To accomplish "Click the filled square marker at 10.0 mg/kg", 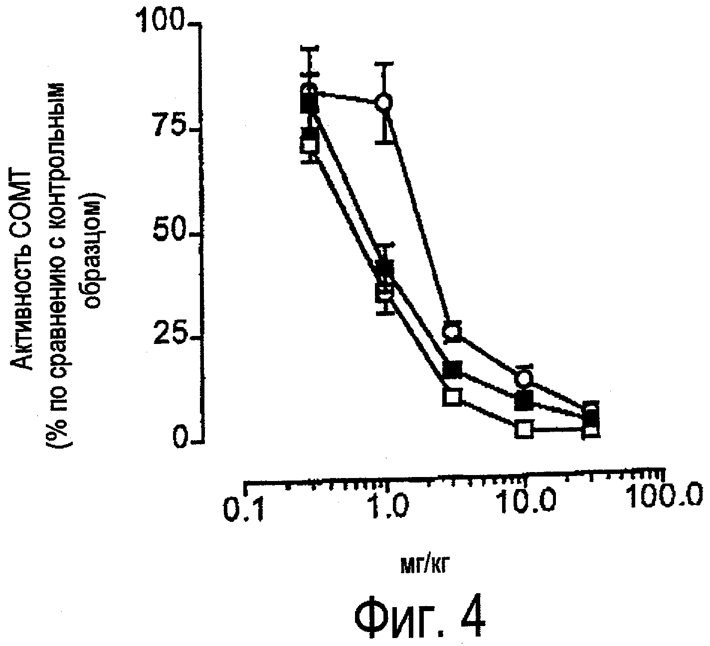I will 524,400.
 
